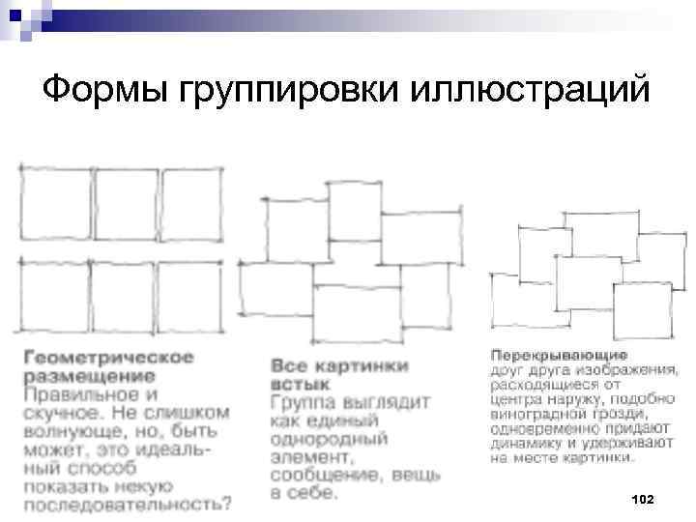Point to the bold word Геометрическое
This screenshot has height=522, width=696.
[109, 357]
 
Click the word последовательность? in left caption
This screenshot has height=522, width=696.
[128, 503]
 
